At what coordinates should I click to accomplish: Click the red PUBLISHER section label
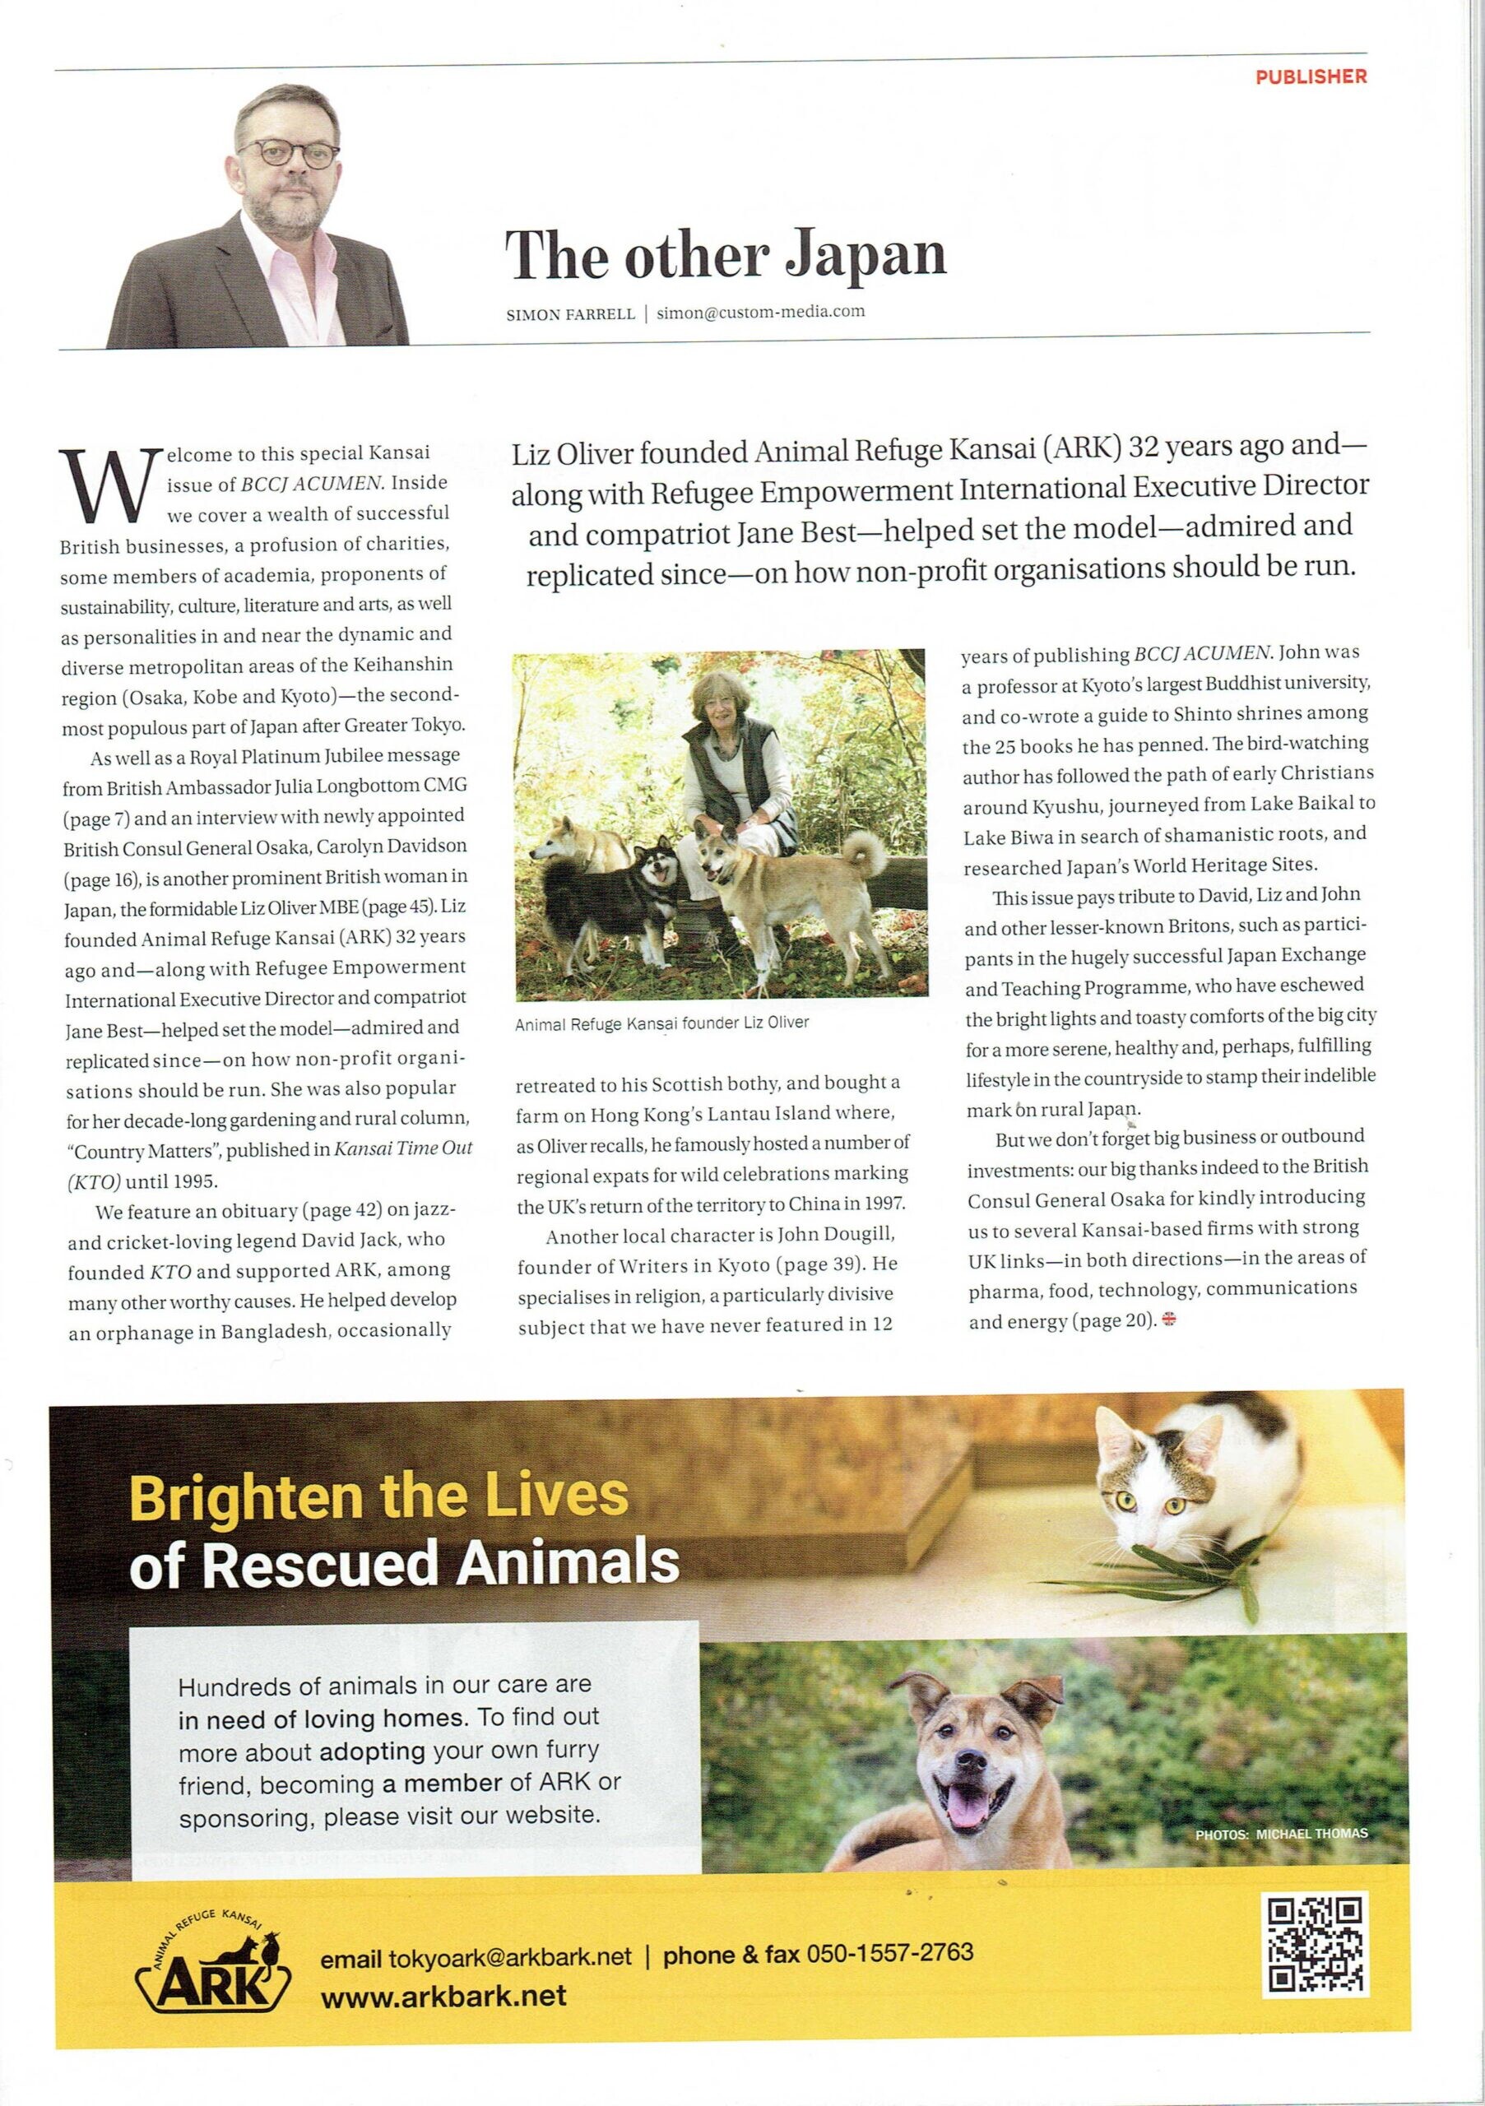click(x=1311, y=77)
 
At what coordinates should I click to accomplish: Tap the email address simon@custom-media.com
click(x=760, y=312)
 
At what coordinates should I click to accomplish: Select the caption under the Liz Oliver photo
click(x=662, y=1022)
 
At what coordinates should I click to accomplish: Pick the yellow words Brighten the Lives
click(x=378, y=1496)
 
